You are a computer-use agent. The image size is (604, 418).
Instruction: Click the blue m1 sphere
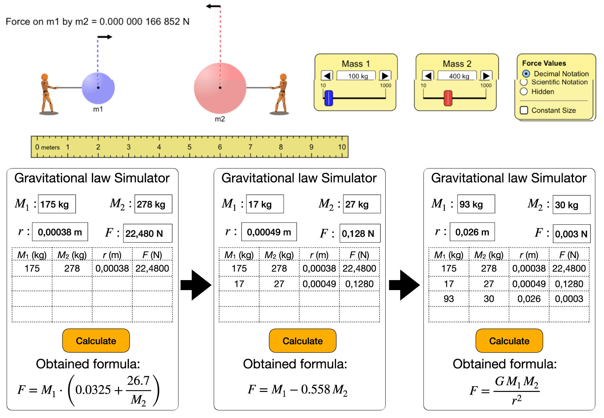98,88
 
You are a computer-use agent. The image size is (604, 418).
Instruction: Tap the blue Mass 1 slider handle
329,98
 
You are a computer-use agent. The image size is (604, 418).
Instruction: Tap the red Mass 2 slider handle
448,98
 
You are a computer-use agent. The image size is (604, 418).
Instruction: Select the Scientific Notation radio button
524,82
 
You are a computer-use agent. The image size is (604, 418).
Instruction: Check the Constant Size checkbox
524,110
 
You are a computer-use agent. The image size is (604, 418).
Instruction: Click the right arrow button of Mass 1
385,76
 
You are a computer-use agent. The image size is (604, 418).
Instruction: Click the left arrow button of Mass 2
428,76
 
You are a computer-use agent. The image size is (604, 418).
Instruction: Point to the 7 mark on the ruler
250,147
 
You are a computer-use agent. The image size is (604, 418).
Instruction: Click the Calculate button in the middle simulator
302,341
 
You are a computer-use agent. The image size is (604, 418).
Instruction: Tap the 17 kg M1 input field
264,204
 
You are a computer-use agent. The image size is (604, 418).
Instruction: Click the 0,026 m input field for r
472,232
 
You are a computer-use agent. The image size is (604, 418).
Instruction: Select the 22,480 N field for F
147,233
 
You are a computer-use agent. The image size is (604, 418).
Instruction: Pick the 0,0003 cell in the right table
569,299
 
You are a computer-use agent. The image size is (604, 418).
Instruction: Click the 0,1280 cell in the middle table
359,284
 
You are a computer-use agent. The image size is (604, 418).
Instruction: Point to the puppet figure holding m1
47,94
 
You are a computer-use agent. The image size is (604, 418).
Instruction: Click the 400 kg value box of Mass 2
459,76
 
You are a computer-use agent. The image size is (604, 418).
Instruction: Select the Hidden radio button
524,92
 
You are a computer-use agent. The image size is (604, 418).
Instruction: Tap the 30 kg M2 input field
571,205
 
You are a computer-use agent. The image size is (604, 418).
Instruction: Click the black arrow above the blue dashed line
105,37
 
